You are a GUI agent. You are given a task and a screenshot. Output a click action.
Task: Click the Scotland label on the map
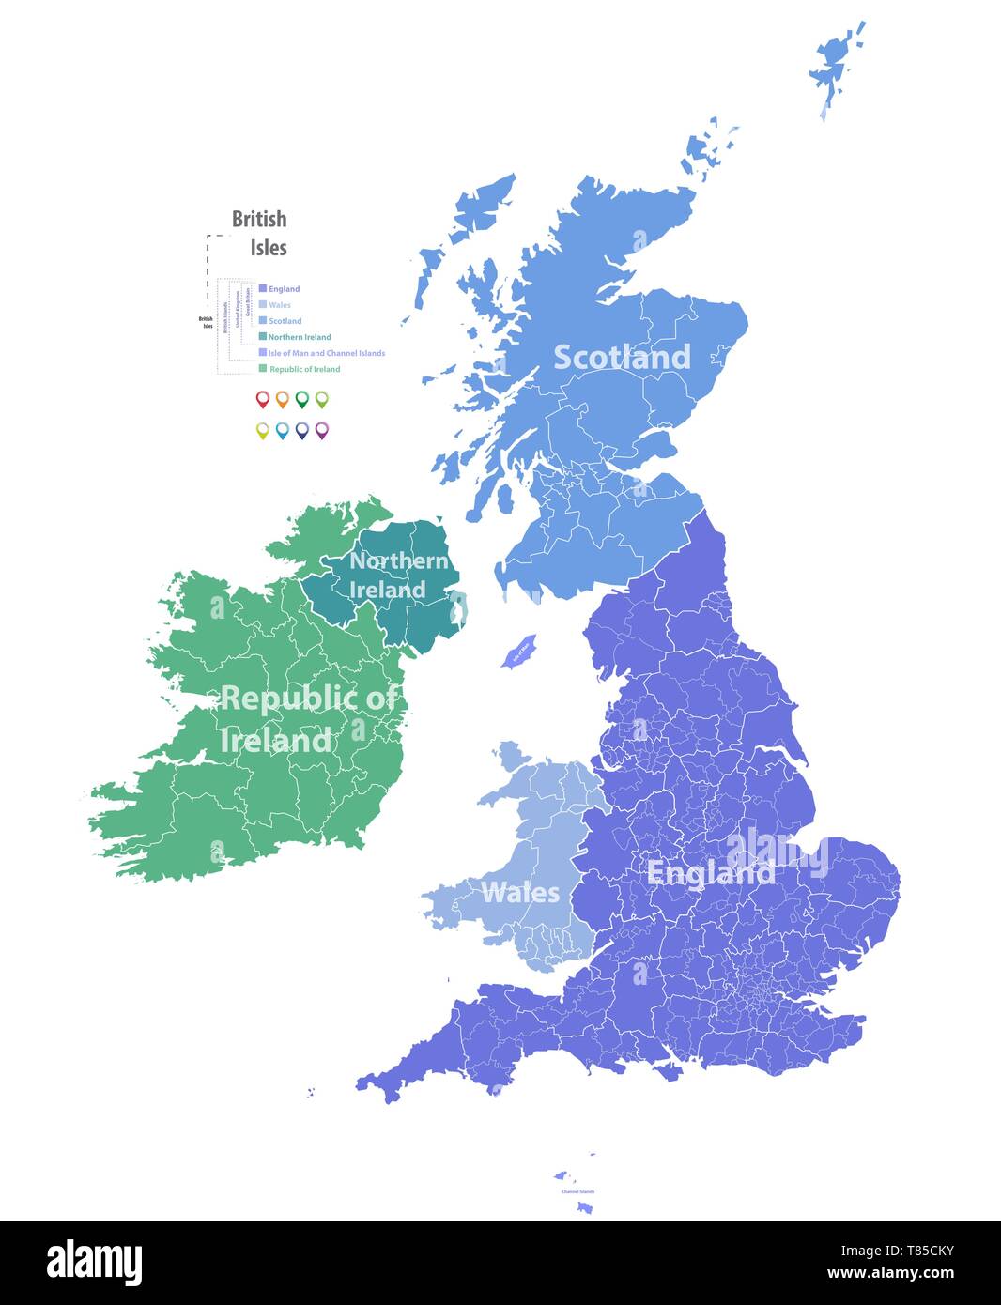[622, 358]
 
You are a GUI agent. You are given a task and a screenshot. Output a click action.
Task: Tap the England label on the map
[711, 873]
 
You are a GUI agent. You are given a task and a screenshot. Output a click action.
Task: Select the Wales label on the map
[519, 892]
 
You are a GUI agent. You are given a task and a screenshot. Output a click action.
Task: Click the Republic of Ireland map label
[308, 719]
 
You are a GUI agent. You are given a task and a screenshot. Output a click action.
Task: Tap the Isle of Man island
[519, 650]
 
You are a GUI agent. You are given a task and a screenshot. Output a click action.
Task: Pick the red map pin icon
[263, 400]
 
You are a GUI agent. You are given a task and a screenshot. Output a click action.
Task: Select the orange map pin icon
[282, 400]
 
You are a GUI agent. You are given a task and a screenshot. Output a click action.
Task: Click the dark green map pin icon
[301, 400]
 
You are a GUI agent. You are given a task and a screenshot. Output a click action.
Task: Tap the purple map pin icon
[321, 430]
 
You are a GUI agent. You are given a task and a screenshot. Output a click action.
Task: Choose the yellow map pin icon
[263, 430]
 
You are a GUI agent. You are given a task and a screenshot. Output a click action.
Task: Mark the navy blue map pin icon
[301, 430]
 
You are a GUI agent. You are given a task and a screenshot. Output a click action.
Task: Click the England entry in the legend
[284, 289]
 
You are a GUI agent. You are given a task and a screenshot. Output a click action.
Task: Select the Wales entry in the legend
[279, 305]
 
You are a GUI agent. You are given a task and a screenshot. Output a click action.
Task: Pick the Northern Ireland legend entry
[299, 337]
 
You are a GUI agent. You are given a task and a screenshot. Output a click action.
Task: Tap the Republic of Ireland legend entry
[304, 369]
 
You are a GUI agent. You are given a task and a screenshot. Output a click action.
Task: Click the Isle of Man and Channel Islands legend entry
[326, 353]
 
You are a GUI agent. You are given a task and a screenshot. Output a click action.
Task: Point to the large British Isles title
[260, 233]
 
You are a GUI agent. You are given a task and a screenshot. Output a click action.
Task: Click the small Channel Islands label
[577, 1191]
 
